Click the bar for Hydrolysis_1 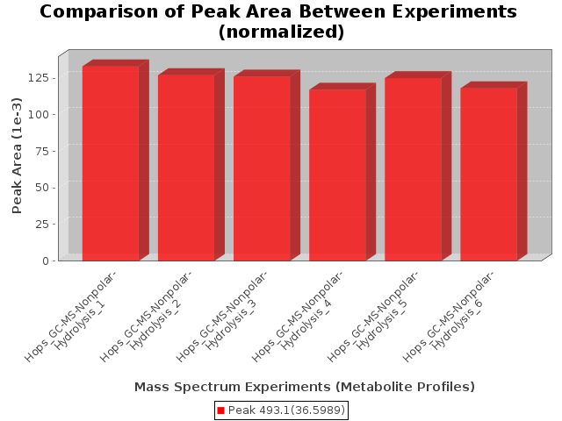tap(112, 163)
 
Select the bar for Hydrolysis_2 tap(187, 168)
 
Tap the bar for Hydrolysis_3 tap(263, 168)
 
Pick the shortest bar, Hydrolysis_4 tap(338, 175)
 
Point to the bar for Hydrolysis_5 tap(414, 169)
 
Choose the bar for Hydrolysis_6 tap(489, 175)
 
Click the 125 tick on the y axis tap(39, 78)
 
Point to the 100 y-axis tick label tap(39, 114)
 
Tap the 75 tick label tap(42, 151)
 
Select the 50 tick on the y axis tap(42, 188)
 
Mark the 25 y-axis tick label tap(42, 225)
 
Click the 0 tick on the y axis tap(46, 261)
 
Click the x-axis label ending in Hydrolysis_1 tap(70, 317)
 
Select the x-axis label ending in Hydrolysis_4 tap(298, 317)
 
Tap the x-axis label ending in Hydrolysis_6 tap(449, 317)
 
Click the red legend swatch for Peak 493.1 tap(220, 410)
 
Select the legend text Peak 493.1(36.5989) tap(286, 410)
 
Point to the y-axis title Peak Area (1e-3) tap(17, 155)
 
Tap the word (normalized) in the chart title tap(281, 32)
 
